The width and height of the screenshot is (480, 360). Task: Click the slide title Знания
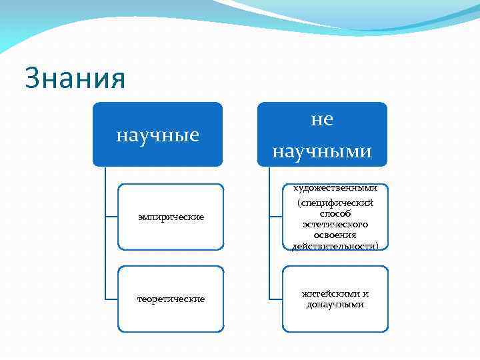tap(75, 78)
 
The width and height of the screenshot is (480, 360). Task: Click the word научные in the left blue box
tap(157, 135)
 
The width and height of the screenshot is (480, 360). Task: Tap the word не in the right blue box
tap(322, 119)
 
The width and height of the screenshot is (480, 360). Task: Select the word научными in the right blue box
tap(322, 151)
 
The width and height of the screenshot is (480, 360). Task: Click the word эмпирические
tap(171, 217)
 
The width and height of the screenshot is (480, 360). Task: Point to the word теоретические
tap(171, 299)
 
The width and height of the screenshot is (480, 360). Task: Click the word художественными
tap(335, 188)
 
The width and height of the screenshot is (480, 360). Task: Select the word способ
tap(335, 214)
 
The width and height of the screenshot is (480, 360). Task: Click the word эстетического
tap(335, 225)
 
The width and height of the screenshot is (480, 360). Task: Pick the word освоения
tap(335, 235)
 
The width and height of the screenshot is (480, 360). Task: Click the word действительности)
tap(335, 246)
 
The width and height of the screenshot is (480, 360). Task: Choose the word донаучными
tap(335, 305)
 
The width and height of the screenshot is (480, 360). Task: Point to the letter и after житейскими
tap(365, 293)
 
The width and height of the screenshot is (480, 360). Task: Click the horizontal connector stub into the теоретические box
tap(111, 299)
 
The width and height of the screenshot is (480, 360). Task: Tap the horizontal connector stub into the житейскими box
tap(276, 299)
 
